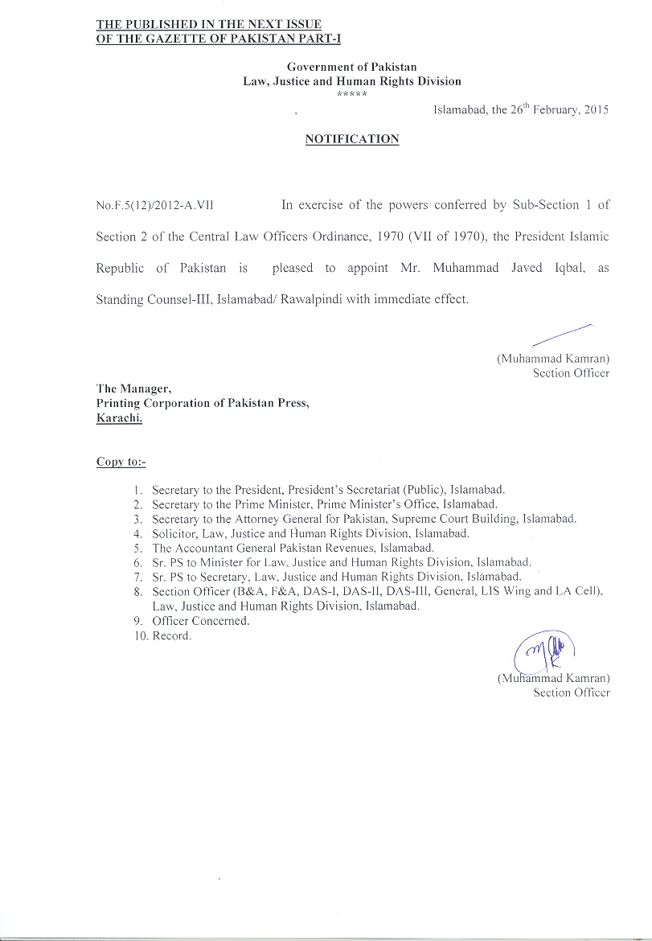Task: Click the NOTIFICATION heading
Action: [352, 139]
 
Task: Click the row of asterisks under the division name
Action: [352, 95]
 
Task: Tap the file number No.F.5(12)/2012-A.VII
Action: [154, 206]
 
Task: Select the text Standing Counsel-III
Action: [150, 299]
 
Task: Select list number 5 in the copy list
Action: [138, 548]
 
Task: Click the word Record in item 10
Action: [171, 635]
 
